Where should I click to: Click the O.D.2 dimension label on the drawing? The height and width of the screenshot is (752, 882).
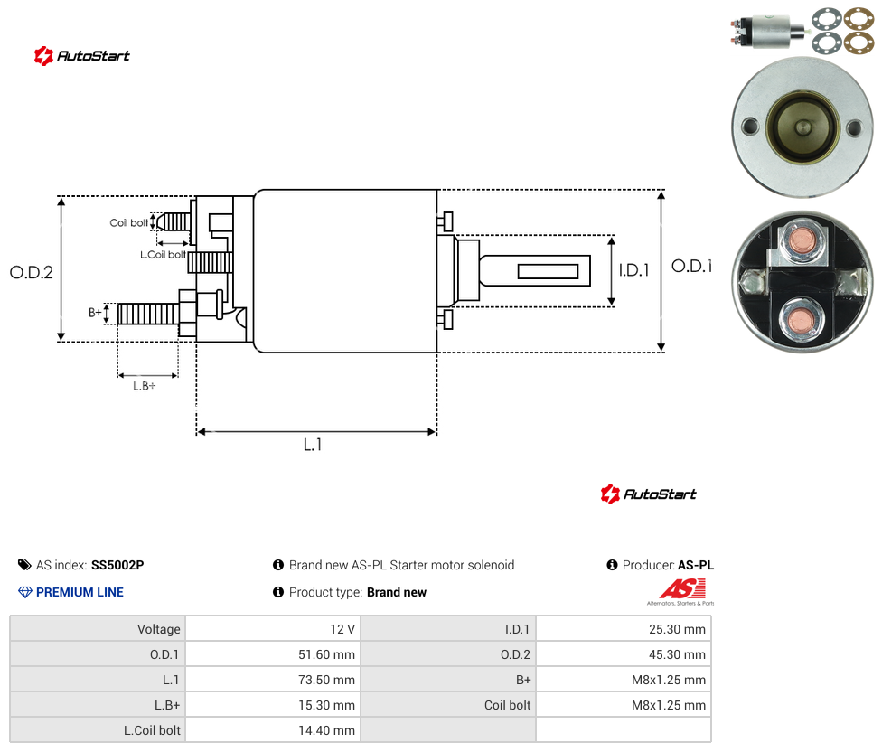tap(32, 272)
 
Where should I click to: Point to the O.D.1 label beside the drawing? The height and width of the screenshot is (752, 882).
tap(692, 266)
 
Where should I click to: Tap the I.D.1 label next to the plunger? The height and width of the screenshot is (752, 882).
tap(634, 270)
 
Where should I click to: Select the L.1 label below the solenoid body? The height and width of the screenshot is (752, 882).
tap(312, 445)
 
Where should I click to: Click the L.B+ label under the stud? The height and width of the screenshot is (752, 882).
tap(144, 386)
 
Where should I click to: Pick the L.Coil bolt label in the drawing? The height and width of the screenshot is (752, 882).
tap(163, 255)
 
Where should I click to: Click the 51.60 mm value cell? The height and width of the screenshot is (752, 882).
tap(326, 654)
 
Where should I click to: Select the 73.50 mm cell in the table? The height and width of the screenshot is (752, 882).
tap(326, 680)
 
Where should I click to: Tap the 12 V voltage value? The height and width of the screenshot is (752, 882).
tap(342, 629)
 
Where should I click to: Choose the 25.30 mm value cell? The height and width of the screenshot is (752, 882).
tap(677, 629)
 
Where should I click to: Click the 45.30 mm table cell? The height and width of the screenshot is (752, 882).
tap(677, 654)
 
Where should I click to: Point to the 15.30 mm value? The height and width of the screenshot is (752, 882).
tap(326, 705)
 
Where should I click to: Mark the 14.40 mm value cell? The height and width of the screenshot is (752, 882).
tap(326, 730)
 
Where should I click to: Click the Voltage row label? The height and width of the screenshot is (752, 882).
tap(159, 629)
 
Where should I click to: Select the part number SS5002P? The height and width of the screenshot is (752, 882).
tap(117, 565)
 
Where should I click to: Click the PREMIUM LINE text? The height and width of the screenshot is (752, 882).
tap(80, 592)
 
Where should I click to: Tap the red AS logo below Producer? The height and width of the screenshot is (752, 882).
tap(683, 589)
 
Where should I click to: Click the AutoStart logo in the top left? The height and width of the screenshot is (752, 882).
tap(82, 56)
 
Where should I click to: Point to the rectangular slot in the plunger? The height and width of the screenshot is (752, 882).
tap(548, 272)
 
